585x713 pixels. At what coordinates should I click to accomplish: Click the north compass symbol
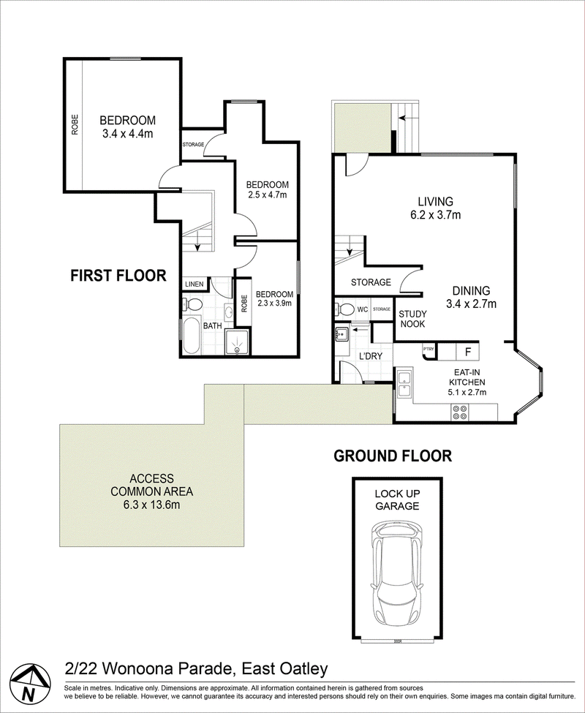click(x=29, y=685)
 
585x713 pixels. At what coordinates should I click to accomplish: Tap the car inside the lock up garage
click(x=397, y=575)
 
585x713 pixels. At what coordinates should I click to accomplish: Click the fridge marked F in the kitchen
click(x=468, y=352)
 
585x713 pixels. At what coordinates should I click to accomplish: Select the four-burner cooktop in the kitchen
click(x=460, y=412)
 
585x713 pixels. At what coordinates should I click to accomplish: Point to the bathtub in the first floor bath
click(x=192, y=335)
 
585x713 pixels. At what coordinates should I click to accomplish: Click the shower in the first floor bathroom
click(x=237, y=342)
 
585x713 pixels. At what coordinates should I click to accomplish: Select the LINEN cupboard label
click(x=194, y=284)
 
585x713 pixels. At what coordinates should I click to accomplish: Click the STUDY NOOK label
click(x=412, y=319)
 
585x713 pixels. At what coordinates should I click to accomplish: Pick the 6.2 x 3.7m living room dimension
click(x=435, y=215)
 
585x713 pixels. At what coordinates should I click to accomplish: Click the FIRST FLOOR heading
click(x=118, y=276)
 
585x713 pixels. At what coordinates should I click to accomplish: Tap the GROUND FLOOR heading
click(x=393, y=456)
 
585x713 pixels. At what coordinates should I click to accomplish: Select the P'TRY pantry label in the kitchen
click(x=429, y=350)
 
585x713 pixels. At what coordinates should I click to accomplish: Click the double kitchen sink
click(x=404, y=384)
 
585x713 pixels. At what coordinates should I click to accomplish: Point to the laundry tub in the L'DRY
click(x=341, y=334)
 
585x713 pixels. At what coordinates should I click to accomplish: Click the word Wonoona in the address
click(x=143, y=669)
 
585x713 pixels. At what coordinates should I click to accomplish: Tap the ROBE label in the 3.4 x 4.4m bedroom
click(x=75, y=124)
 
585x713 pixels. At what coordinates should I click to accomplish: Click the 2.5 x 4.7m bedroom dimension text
click(x=268, y=195)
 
